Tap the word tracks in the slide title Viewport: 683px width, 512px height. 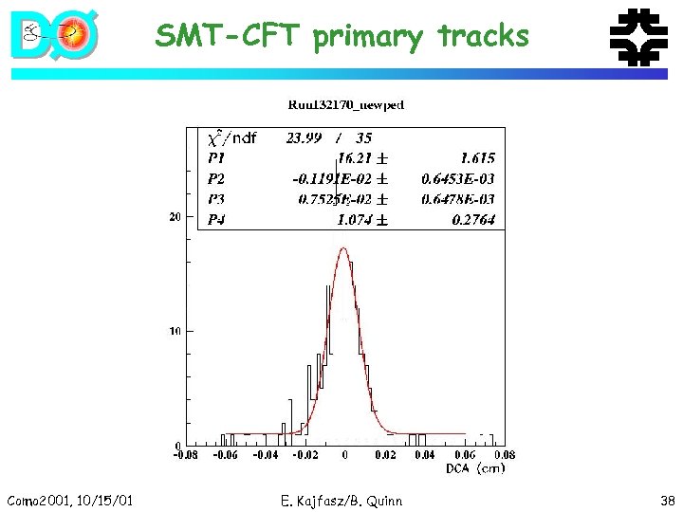(x=483, y=36)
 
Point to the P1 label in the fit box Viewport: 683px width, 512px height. (x=217, y=158)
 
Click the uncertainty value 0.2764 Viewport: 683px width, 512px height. (x=472, y=219)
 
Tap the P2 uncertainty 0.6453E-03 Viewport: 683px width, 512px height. (x=458, y=178)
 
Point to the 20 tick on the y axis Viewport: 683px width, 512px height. (x=174, y=217)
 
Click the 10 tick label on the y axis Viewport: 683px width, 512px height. (x=174, y=331)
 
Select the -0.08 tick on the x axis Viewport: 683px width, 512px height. (x=185, y=456)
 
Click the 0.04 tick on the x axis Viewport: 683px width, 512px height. (x=424, y=456)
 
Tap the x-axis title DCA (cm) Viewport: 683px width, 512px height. (x=477, y=468)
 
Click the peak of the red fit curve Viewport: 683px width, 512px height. (x=343, y=248)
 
